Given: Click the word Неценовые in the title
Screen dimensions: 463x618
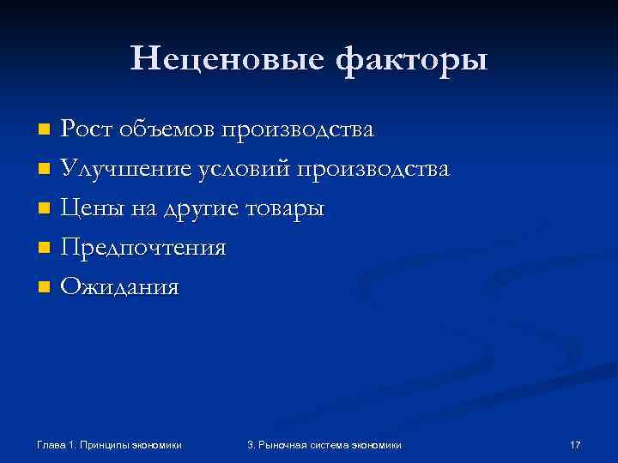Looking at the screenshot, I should click(x=226, y=58).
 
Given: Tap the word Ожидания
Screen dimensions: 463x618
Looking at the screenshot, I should click(x=120, y=286).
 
